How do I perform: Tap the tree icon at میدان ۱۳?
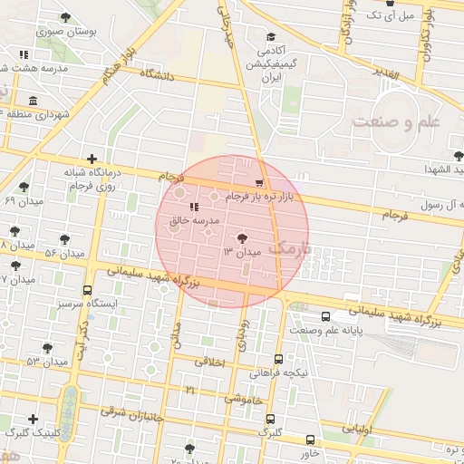click(x=242, y=238)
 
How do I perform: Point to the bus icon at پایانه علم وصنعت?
click(x=325, y=317)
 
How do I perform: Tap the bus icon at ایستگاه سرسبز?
click(x=87, y=291)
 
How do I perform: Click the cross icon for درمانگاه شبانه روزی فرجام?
click(x=92, y=159)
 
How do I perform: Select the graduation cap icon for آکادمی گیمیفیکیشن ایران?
click(x=271, y=37)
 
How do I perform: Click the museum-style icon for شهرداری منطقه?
click(x=34, y=101)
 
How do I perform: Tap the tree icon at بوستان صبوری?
click(x=65, y=17)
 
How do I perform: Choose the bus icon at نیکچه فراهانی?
click(x=277, y=359)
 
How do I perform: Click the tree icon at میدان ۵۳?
click(x=47, y=348)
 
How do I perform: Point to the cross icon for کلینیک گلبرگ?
click(x=34, y=419)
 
